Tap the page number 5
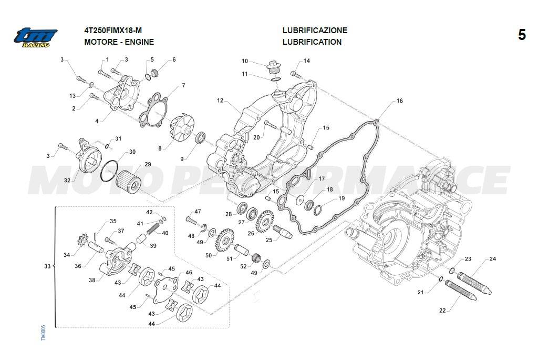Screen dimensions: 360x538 coord(521,35)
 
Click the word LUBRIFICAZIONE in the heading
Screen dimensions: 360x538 coord(315,31)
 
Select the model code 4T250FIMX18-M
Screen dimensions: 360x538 coord(112,31)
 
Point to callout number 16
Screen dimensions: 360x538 coord(399,101)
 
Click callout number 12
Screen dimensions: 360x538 coord(220,100)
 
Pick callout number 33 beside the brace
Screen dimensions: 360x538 coord(47,267)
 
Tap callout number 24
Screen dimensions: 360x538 coord(492,259)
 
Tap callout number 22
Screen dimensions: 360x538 coord(442,311)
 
